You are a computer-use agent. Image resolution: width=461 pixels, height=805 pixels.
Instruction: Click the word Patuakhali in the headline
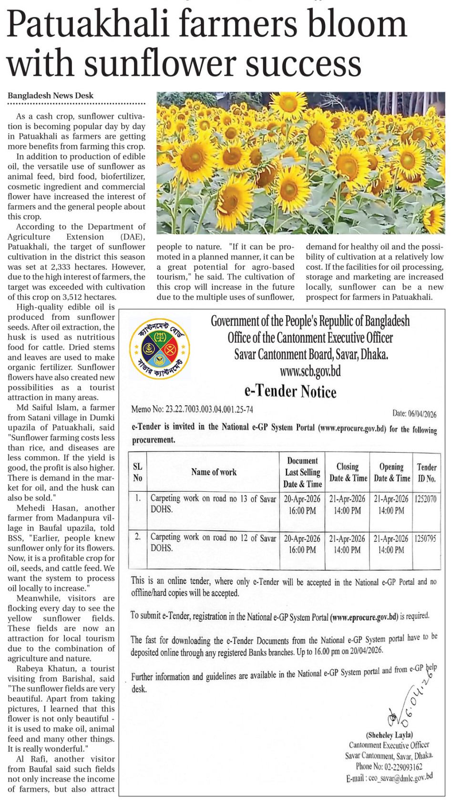click(x=88, y=24)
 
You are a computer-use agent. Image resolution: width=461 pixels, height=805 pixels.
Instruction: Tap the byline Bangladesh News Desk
click(x=51, y=96)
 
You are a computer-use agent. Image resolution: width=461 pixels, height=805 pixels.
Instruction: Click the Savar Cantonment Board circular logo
click(x=160, y=349)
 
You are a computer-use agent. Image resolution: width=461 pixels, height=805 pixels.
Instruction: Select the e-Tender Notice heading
click(x=290, y=391)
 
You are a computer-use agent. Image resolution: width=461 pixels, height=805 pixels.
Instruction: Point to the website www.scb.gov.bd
click(x=310, y=371)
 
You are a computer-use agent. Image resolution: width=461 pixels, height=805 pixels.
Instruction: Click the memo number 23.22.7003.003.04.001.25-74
click(x=209, y=409)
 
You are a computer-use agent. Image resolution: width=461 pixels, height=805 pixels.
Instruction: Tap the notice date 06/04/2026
click(x=422, y=414)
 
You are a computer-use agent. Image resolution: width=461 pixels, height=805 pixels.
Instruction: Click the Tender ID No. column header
click(x=427, y=473)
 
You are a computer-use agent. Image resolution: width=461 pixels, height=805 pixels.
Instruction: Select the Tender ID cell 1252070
click(x=426, y=499)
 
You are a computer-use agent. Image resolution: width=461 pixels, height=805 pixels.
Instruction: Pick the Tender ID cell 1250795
click(x=426, y=539)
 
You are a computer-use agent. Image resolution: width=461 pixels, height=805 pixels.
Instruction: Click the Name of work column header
click(x=214, y=472)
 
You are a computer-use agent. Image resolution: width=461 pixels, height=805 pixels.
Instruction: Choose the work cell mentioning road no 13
click(x=213, y=504)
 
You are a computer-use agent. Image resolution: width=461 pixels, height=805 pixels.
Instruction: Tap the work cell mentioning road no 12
click(x=213, y=543)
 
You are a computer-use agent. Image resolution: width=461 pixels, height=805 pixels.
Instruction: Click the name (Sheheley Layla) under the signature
click(x=389, y=735)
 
